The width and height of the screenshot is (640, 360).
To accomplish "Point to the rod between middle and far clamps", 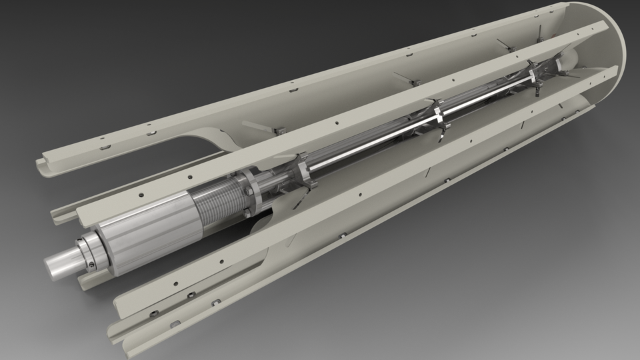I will (x=487, y=94).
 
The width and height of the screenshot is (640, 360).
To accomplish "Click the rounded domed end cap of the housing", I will (x=610, y=47).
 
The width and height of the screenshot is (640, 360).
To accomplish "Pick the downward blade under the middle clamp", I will (x=442, y=136).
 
